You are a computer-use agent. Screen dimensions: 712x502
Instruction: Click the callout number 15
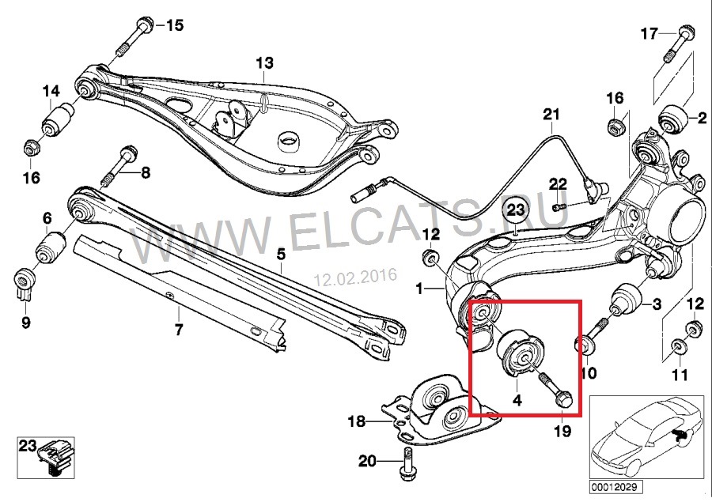174,25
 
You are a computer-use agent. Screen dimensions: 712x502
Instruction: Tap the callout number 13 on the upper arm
264,62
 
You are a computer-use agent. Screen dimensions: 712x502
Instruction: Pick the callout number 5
281,255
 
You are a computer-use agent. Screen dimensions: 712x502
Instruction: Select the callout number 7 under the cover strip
179,329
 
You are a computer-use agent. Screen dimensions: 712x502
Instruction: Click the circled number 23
515,211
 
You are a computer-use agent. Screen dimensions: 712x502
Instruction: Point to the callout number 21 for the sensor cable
551,115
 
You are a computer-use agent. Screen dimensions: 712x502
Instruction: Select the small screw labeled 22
560,207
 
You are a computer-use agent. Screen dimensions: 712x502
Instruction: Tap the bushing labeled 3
625,300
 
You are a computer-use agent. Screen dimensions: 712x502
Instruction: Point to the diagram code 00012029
616,488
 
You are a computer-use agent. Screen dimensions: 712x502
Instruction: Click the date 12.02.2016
357,277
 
